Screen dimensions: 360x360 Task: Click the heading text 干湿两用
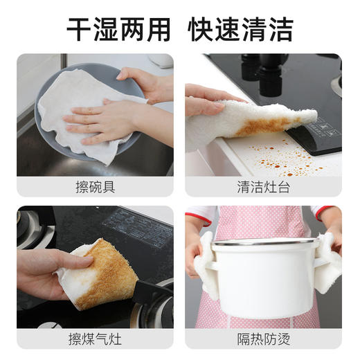[x=120, y=28]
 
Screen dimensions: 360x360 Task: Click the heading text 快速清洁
[x=241, y=28]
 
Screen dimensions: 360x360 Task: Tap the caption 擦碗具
[x=95, y=187]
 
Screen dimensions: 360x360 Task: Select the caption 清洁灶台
[x=263, y=187]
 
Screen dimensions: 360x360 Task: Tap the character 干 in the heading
[x=80, y=28]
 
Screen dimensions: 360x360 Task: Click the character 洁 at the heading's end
[x=280, y=28]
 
